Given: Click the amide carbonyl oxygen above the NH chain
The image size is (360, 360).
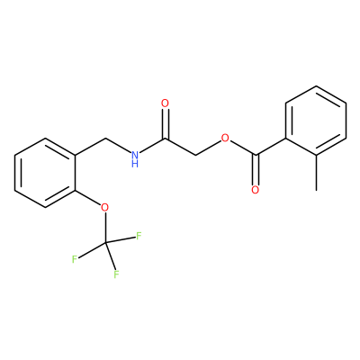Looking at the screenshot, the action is click(165, 103).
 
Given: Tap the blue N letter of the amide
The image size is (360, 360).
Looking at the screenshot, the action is click(135, 155).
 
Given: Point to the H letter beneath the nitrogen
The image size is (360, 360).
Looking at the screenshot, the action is click(135, 164).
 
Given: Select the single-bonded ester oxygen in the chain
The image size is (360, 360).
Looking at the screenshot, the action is click(225, 138).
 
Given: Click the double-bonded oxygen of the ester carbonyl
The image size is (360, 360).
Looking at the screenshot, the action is click(256, 190).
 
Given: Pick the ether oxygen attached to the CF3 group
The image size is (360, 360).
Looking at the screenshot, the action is click(104, 207).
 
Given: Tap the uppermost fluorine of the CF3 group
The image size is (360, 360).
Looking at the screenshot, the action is click(139, 236).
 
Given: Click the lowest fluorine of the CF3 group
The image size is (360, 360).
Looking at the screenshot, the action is click(116, 274).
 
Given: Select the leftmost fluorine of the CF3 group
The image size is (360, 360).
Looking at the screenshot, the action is click(75, 259).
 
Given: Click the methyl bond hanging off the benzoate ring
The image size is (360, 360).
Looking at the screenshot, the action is click(316, 173).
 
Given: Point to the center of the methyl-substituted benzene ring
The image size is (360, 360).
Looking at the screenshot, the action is click(316, 121).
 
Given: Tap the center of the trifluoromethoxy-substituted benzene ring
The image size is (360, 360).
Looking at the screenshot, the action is click(45, 173).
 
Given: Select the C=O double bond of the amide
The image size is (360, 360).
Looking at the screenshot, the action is click(165, 124).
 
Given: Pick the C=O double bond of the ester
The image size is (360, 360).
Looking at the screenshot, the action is click(256, 169).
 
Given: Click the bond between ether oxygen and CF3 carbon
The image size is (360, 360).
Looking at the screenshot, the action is click(105, 227).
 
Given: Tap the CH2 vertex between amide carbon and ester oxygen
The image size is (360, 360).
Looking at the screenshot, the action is click(195, 156).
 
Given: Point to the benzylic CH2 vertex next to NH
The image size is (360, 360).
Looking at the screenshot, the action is click(105, 139).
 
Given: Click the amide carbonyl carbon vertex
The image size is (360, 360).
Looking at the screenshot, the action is click(166, 139).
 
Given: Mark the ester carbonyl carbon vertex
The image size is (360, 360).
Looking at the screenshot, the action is click(256, 155).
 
